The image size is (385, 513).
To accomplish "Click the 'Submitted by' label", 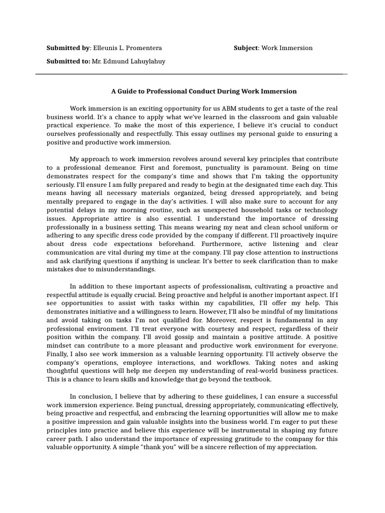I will pyautogui.click(x=68, y=48).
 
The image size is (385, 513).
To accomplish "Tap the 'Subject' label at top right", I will pyautogui.click(x=246, y=48).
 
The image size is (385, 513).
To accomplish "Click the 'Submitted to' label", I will pyautogui.click(x=68, y=61).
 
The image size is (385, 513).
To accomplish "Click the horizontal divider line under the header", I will pyautogui.click(x=190, y=74).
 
